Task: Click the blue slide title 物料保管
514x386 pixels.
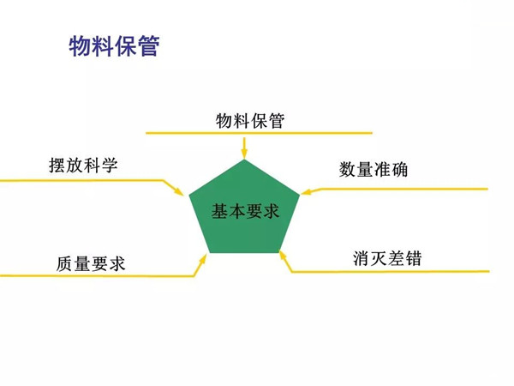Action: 114,45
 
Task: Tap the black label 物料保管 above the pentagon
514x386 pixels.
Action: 250,120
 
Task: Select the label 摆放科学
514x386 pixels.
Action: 83,165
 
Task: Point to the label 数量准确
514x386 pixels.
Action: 374,169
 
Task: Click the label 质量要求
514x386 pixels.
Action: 91,264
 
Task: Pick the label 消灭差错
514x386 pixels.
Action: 387,258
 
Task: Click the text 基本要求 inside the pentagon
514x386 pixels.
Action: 245,211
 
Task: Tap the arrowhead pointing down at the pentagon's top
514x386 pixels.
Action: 244,154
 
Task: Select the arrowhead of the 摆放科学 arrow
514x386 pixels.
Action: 179,191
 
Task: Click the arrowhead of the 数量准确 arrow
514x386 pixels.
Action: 306,191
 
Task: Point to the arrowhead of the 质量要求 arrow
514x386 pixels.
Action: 203,259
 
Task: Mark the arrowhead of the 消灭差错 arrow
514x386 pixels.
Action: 283,256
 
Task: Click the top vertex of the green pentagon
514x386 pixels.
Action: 244,160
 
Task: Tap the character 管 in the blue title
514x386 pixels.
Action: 149,46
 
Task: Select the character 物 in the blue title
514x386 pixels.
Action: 80,46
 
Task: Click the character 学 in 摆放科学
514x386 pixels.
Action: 110,165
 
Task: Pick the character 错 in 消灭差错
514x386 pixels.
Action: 414,258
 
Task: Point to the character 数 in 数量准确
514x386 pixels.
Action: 348,169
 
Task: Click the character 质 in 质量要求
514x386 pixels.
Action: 64,264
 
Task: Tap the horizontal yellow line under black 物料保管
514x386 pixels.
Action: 259,133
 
